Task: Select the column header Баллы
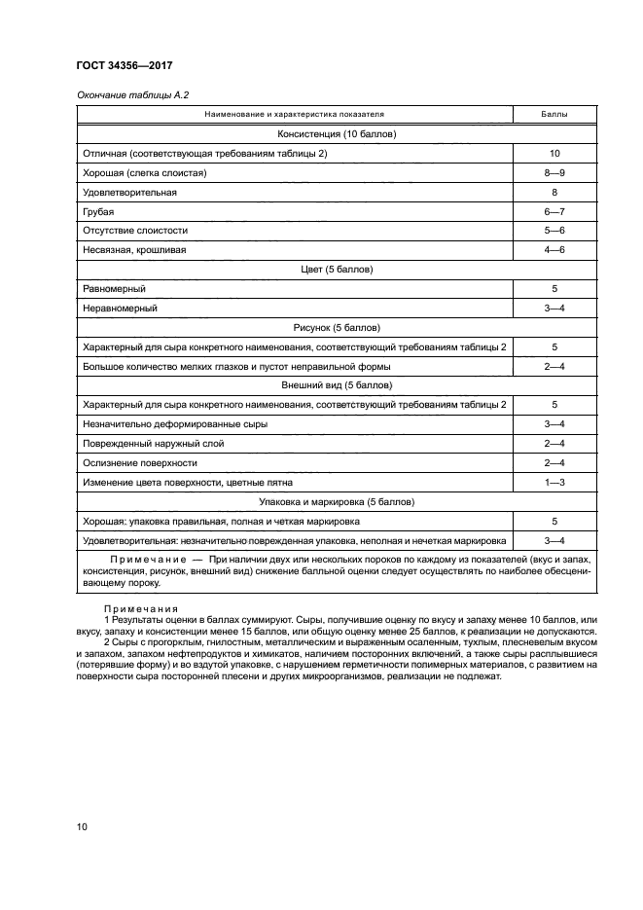click(x=554, y=116)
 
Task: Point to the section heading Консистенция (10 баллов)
click(x=337, y=134)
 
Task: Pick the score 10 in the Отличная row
click(x=554, y=154)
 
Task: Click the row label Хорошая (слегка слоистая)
click(x=145, y=173)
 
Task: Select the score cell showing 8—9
click(x=554, y=173)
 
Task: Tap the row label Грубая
click(x=99, y=211)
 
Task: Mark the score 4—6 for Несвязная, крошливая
click(x=554, y=250)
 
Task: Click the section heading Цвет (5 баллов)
click(x=337, y=270)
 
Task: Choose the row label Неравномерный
click(x=121, y=308)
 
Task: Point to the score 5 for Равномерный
click(x=554, y=289)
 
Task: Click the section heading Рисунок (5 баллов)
click(x=337, y=327)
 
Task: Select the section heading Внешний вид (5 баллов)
click(x=337, y=385)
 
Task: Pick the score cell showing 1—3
click(x=554, y=482)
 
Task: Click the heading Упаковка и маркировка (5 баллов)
click(x=337, y=501)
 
